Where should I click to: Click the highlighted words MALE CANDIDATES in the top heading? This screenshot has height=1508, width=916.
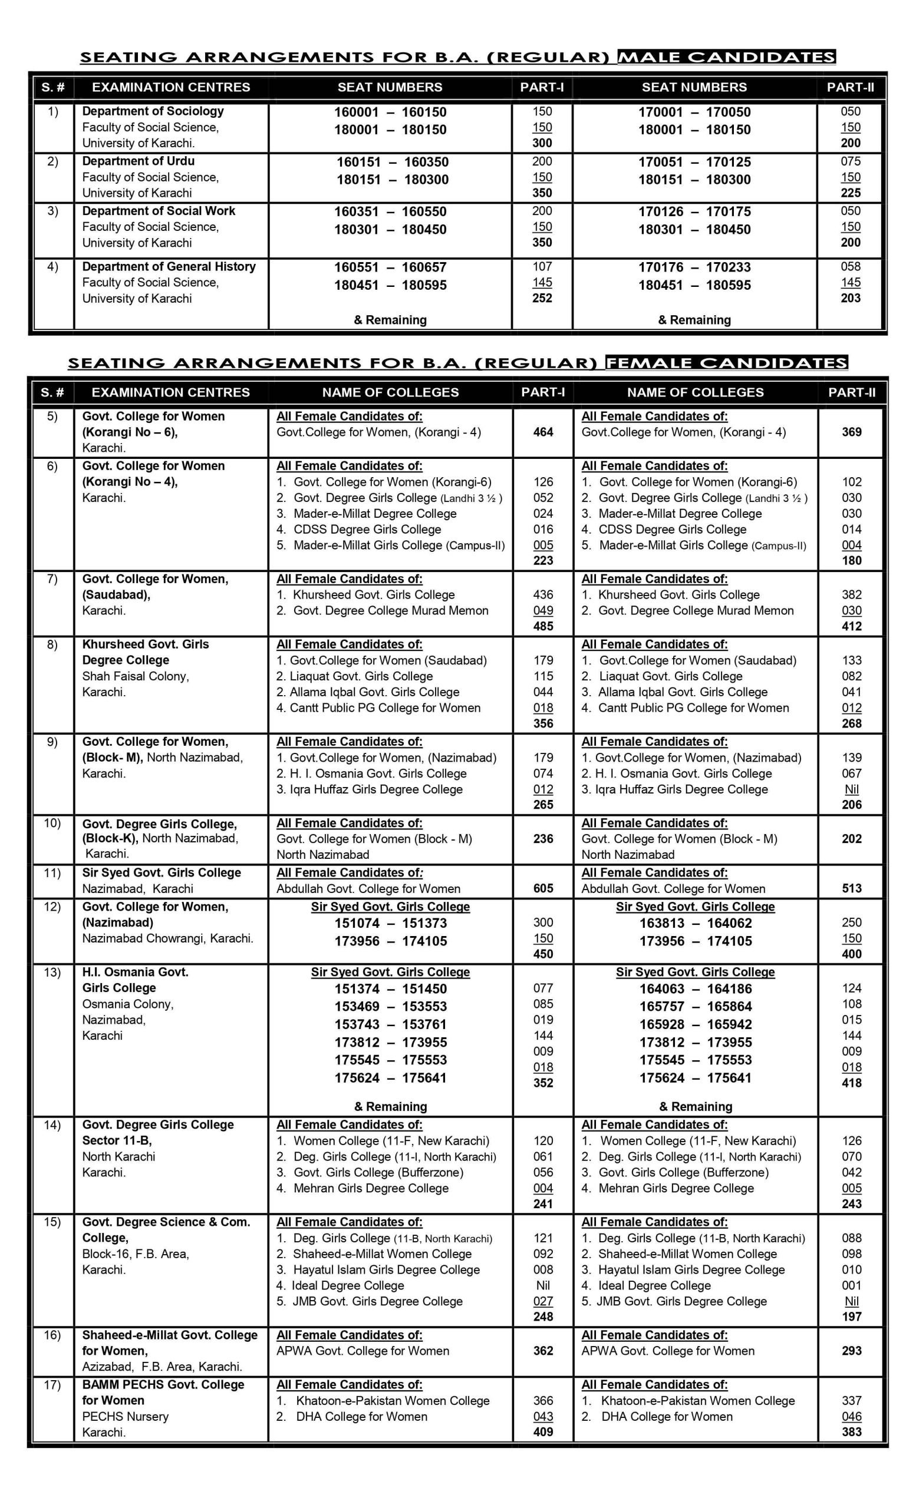coord(726,58)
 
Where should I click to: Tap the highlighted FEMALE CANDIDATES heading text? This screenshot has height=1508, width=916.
coord(726,363)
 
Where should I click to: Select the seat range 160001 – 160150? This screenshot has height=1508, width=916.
coord(390,112)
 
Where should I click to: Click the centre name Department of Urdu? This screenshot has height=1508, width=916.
coord(139,161)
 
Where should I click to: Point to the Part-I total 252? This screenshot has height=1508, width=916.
coord(542,298)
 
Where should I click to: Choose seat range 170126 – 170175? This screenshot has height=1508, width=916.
coord(694,211)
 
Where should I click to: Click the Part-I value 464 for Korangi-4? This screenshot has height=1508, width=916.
coord(543,432)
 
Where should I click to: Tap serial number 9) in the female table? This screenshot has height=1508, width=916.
coord(52,742)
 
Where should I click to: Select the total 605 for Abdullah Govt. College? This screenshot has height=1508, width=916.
coord(543,889)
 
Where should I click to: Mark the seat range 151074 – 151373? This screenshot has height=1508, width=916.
coord(391,923)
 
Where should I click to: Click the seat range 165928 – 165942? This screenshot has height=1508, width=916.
coord(696,1024)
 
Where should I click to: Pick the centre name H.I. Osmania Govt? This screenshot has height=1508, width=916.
coord(136,972)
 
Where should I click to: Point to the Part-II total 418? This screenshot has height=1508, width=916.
coord(852,1083)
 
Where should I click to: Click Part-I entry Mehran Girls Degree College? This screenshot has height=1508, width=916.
coord(371,1189)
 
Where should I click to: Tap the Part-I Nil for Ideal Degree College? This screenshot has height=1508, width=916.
coord(543,1285)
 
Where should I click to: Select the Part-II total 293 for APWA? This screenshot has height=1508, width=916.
coord(852,1351)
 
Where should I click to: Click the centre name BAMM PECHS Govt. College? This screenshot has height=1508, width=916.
coord(163,1384)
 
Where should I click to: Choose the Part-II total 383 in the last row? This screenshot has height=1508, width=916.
coord(852,1431)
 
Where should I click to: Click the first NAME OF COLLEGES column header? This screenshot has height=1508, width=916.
coord(391,392)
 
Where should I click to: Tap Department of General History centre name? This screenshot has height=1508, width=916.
coord(169,266)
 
